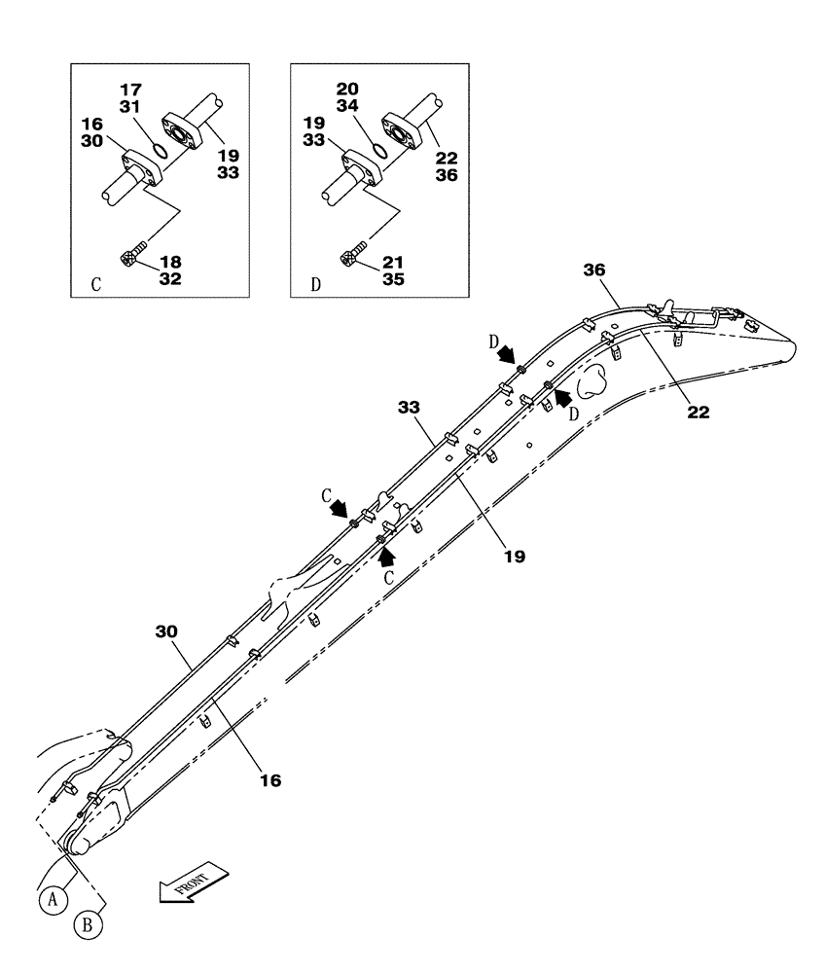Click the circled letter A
(54, 900)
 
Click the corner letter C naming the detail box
(95, 287)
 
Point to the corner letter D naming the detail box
(315, 287)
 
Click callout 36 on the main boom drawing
(594, 270)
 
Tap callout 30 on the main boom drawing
(168, 631)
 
